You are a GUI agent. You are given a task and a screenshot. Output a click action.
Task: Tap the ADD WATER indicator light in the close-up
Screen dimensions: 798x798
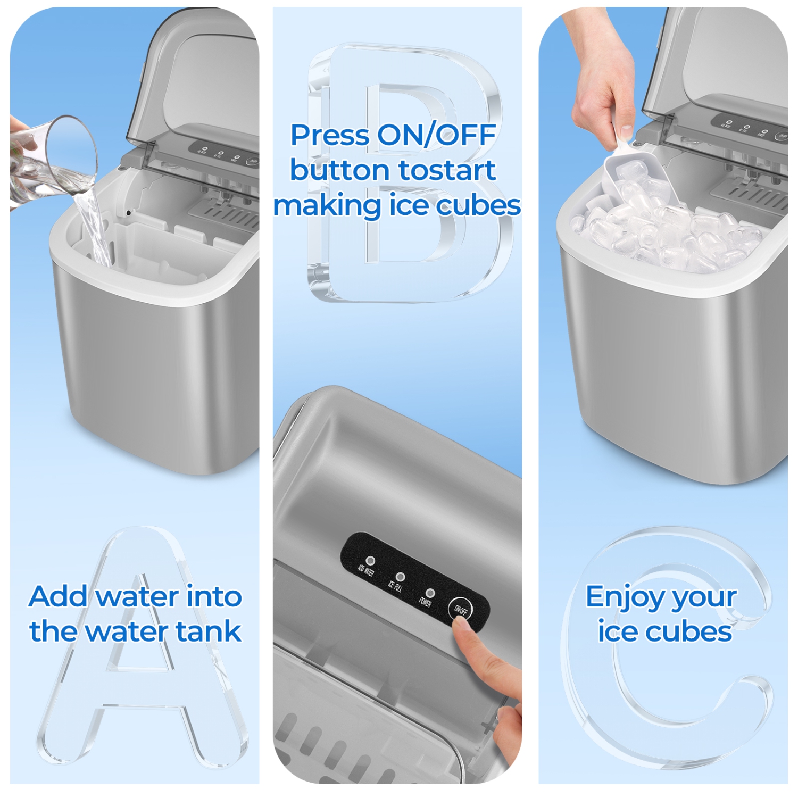tap(371, 561)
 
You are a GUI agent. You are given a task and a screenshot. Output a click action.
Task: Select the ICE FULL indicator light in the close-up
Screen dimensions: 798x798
tap(401, 577)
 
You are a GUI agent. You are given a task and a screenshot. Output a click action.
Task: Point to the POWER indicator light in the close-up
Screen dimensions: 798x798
tap(430, 593)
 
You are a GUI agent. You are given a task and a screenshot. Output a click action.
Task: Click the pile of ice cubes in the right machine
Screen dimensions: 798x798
tap(670, 234)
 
